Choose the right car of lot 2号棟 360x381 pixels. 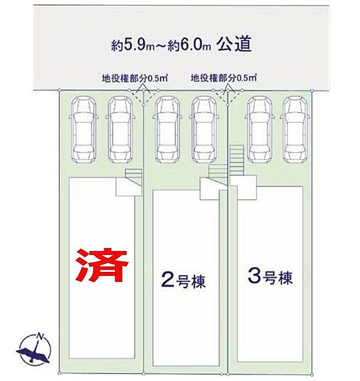click(203, 129)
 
